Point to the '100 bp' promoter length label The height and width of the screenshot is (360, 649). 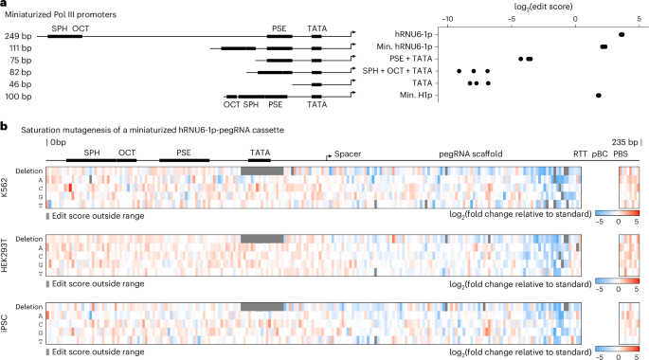[20, 97]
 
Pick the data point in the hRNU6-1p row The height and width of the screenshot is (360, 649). [621, 34]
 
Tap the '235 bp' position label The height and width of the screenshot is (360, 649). [626, 143]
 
